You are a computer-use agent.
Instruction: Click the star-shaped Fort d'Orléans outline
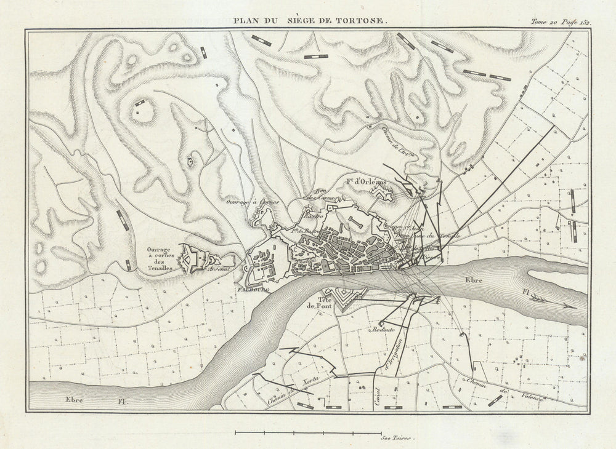[x=386, y=196]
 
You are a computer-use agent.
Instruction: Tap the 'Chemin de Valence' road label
[x=505, y=391]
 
